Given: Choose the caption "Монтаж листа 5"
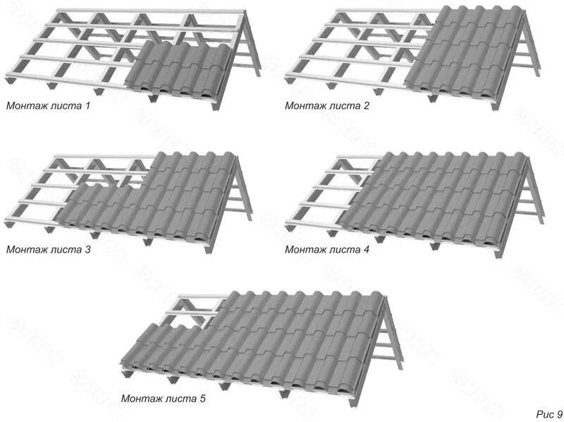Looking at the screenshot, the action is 163,399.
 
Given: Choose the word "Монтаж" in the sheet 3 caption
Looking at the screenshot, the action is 26,249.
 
